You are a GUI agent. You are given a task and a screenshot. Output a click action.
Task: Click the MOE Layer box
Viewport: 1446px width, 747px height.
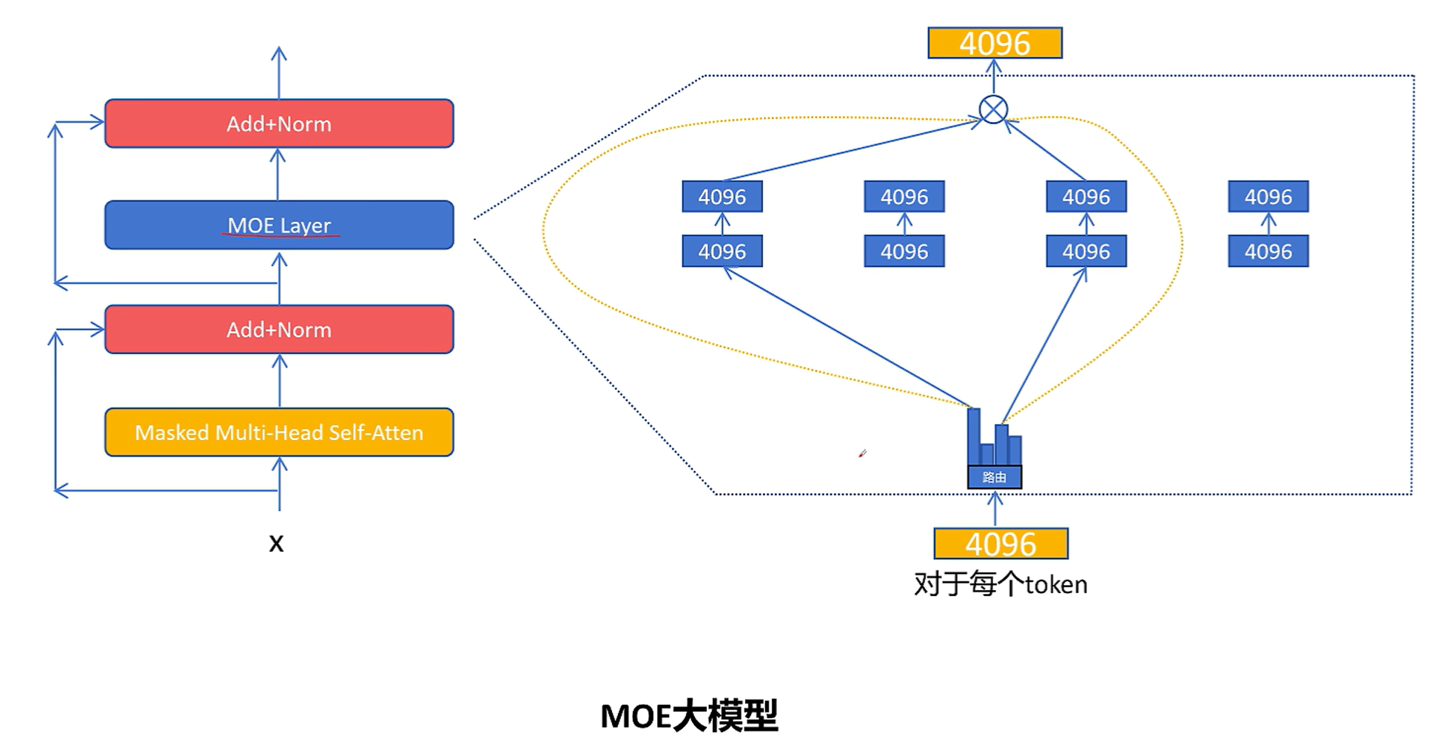coord(279,225)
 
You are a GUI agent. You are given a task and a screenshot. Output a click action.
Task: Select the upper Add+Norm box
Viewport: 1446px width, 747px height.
coord(279,124)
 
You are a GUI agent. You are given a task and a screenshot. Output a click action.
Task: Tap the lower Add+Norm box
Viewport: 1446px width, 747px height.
coord(279,329)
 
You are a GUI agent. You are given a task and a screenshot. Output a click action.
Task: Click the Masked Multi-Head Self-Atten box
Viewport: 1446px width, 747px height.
coord(279,432)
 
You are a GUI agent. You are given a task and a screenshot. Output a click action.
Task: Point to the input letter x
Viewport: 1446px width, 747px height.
coord(276,544)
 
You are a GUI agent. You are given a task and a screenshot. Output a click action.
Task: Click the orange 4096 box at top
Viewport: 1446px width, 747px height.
coord(995,43)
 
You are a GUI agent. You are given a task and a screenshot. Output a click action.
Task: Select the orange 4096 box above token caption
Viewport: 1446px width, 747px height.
coord(1001,544)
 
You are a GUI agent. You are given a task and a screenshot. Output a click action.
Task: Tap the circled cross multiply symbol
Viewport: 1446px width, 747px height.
coord(993,110)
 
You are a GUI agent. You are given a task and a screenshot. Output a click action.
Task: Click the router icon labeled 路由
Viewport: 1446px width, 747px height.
coord(995,451)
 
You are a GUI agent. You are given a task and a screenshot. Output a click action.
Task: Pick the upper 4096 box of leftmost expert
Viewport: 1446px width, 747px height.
coord(722,197)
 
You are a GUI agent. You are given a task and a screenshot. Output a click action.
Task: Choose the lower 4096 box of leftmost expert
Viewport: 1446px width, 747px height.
coord(722,251)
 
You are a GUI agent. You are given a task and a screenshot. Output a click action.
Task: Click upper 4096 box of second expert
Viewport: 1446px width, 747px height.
coord(904,197)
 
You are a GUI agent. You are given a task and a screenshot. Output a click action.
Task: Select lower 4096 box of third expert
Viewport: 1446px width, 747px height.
coord(1086,251)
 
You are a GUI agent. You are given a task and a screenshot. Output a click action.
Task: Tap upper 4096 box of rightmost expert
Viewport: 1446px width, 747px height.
coord(1268,197)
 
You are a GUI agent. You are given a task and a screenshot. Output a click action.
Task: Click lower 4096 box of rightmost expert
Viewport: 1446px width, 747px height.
coord(1268,251)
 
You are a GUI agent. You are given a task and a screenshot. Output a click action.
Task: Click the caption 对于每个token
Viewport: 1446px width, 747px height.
coord(1001,584)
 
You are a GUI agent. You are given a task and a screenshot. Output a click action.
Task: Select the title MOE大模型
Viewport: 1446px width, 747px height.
coord(689,716)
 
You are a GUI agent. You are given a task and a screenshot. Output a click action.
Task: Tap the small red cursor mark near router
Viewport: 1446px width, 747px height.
coord(862,453)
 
